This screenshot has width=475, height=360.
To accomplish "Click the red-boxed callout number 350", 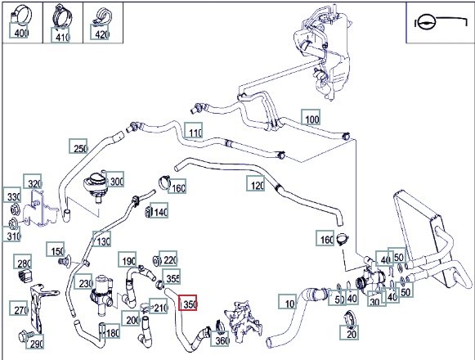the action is pos(188,303).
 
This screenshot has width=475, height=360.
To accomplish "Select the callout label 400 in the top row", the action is pos(19,30).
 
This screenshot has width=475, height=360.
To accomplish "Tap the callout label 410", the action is pos(60,35).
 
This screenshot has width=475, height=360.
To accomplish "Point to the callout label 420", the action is pos(100,32).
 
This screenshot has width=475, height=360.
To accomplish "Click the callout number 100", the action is pos(311,117).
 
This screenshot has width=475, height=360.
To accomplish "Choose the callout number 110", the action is pos(194,130).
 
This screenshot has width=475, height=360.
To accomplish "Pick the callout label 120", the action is pos(256,183).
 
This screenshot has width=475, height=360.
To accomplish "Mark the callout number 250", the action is pos(78,146).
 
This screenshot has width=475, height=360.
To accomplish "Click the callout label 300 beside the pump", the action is pos(114,179).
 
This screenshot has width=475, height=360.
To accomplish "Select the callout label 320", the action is pos(33,182).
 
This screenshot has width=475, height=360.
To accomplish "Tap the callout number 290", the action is pos(35,341).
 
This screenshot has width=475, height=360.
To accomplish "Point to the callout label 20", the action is pos(349,332).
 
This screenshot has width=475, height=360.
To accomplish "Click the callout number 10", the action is pos(288,301).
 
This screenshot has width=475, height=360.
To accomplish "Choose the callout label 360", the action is pos(220,339).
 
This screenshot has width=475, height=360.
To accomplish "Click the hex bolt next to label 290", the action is pos(25,335).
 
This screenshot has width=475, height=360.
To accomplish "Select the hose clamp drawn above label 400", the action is pos(21,13).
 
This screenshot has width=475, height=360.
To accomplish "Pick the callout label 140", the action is pos(159,210).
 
